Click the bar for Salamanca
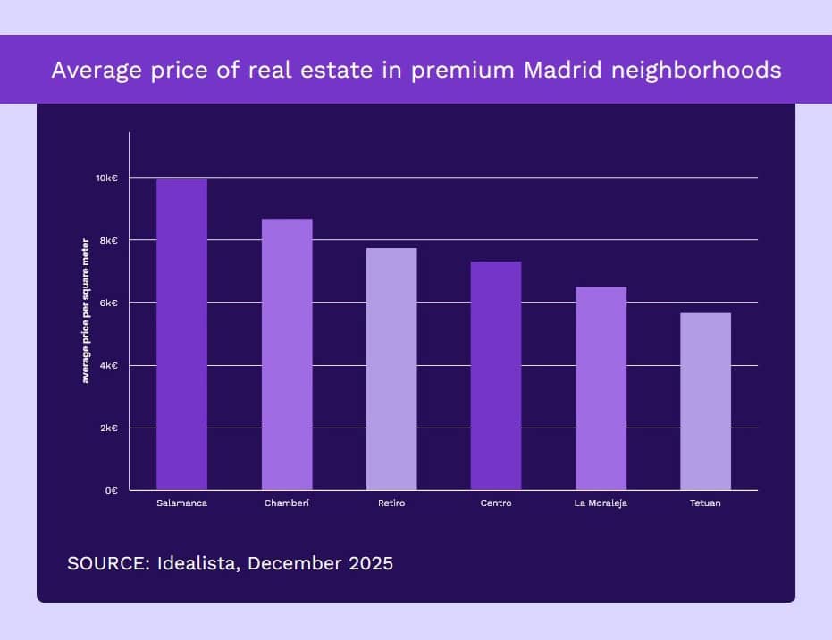pos(181,335)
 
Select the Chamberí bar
pos(287,354)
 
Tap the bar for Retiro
pos(391,369)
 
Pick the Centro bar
pos(496,376)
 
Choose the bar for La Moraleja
pos(601,388)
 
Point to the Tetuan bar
pos(705,402)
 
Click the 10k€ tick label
pos(107,179)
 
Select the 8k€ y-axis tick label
pos(109,241)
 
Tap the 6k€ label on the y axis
pos(109,303)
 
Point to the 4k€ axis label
pos(109,366)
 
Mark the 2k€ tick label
pos(109,428)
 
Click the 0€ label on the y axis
pos(111,491)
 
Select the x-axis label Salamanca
pos(181,503)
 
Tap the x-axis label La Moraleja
pos(601,503)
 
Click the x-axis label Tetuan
pos(705,503)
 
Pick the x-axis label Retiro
pos(391,503)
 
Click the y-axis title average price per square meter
pos(87,312)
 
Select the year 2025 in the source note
pos(369,564)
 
